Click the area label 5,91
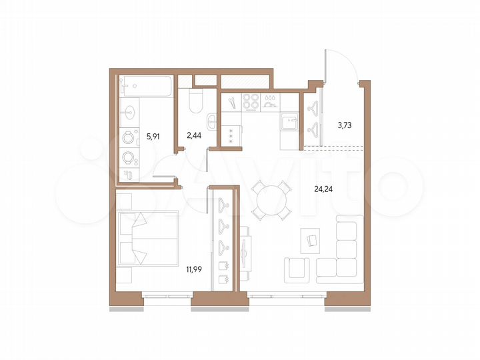point(153,136)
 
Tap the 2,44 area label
point(194,136)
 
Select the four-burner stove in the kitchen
point(251,102)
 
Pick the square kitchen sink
point(289,122)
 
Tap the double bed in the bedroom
point(147,238)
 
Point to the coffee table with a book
point(311,238)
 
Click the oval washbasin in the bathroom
point(128,111)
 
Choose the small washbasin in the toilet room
point(211,121)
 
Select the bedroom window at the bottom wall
point(167,294)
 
